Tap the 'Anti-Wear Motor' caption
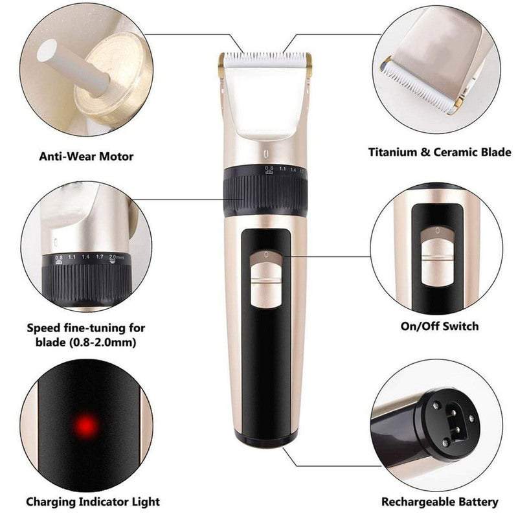point(86,156)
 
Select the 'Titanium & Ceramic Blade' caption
point(440,152)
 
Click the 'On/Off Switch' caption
point(440,326)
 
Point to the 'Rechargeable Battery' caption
point(440,502)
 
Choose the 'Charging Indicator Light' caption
point(93,502)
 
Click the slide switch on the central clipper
point(266,279)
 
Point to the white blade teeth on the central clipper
point(266,58)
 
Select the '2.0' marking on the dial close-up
point(113,256)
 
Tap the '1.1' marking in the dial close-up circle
point(72,257)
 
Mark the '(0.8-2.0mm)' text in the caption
point(103,343)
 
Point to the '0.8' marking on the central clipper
point(269,168)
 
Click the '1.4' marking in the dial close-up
point(85,257)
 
